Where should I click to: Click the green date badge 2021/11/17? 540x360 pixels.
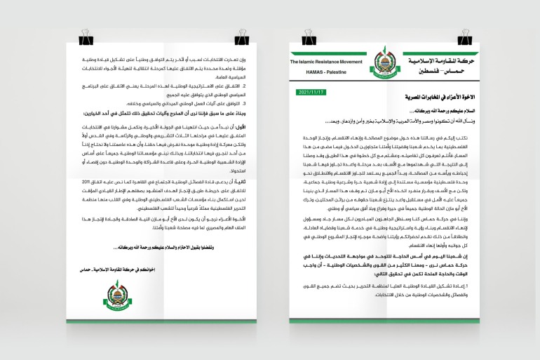tap(312, 92)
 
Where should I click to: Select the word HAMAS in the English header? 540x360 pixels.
tap(312, 72)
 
